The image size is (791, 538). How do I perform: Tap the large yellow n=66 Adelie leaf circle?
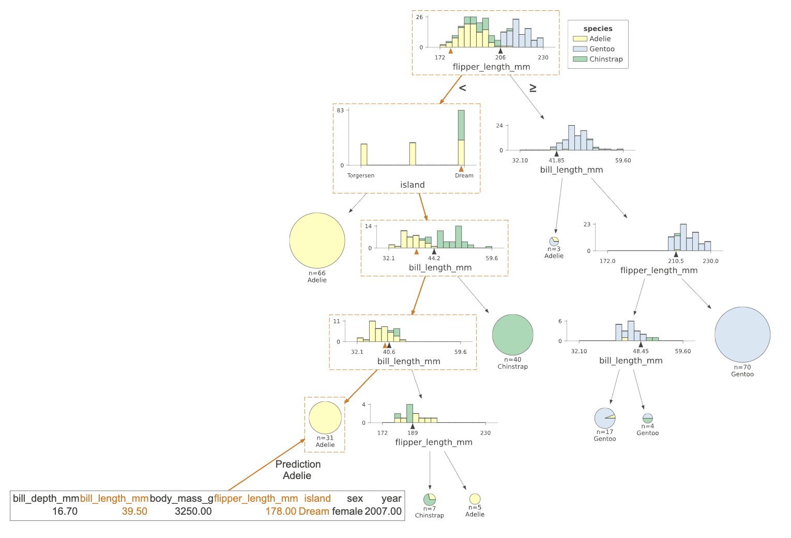[x=317, y=240]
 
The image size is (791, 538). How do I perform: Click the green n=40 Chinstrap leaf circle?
[x=512, y=335]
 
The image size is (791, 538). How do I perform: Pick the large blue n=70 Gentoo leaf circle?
[x=742, y=335]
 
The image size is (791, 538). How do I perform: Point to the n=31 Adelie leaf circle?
[x=325, y=417]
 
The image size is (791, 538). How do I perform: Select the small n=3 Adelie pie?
[x=554, y=241]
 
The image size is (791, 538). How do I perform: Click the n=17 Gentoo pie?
[x=605, y=418]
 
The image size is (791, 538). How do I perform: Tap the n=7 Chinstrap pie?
[x=430, y=499]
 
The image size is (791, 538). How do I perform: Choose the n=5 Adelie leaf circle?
[x=475, y=499]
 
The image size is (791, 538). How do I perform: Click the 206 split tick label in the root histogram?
[x=500, y=57]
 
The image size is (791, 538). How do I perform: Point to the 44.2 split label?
[x=434, y=258]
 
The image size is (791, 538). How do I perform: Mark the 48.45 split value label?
[x=641, y=351]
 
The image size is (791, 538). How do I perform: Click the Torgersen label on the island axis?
[x=361, y=175]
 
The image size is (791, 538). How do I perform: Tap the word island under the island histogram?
[x=412, y=185]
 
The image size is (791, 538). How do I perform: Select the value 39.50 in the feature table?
[x=134, y=511]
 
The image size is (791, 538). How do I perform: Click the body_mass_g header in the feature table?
[x=181, y=498]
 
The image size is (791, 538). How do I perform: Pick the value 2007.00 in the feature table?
[x=383, y=511]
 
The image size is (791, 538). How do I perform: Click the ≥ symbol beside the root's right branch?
[x=533, y=88]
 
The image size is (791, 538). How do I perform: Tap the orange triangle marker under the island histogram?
[x=461, y=169]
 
